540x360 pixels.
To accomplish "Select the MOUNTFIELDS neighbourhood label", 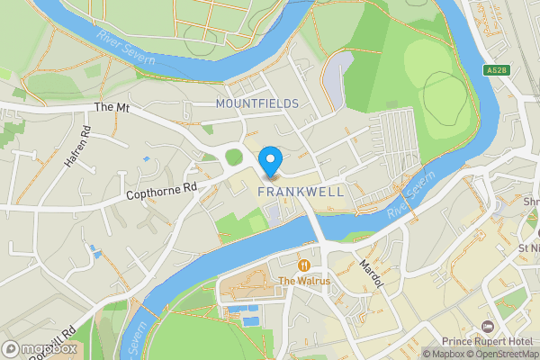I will pyautogui.click(x=256, y=103).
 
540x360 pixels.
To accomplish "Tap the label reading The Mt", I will pyautogui.click(x=112, y=107).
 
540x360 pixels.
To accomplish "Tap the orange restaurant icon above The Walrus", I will pyautogui.click(x=304, y=265).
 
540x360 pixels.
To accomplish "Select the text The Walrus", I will pyautogui.click(x=304, y=281).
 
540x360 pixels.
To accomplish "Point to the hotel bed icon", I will pyautogui.click(x=489, y=325).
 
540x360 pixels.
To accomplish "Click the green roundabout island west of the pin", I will pyautogui.click(x=234, y=157).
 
